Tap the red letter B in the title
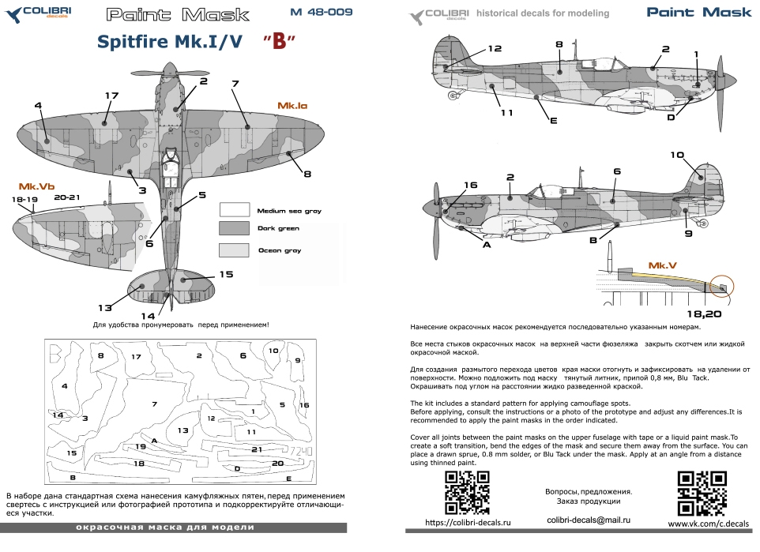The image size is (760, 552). coord(277,43)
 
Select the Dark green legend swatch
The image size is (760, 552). coord(234,228)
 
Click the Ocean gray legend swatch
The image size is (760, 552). coord(234,250)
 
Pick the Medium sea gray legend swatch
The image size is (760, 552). coord(234,209)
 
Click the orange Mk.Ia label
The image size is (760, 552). coord(292,105)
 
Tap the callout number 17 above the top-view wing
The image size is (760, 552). coord(111,96)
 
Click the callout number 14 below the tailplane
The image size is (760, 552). coord(148,316)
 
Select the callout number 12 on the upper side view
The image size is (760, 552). coord(495,49)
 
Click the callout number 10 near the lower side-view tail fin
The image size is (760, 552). coord(677,155)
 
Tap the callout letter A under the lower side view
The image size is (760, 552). coord(487,245)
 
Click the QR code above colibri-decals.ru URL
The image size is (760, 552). coord(467,492)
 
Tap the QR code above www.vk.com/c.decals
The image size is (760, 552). coord(702,492)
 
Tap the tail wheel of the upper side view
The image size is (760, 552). coord(453,96)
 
